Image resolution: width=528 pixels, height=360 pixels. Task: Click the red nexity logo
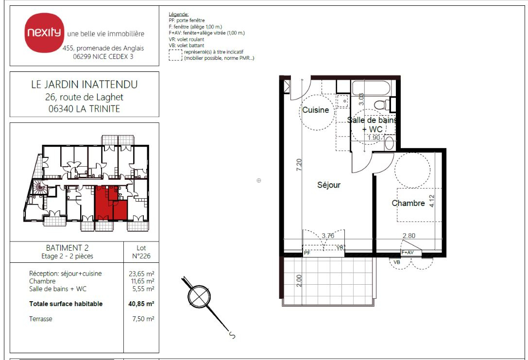click(44, 33)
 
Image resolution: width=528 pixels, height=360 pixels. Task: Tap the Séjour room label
click(329, 185)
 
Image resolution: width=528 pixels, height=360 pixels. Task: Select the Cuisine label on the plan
click(316, 110)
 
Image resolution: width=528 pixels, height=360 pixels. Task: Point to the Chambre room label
click(408, 203)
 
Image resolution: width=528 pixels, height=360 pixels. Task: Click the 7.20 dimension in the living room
click(299, 165)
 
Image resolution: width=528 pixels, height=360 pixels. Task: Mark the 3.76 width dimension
click(328, 236)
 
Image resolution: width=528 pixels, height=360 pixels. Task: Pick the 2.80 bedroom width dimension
click(409, 236)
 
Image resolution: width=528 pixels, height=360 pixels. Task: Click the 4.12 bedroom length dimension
click(432, 201)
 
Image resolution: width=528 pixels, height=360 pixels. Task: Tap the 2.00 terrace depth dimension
click(299, 280)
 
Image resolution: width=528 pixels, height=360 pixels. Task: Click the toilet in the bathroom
click(382, 104)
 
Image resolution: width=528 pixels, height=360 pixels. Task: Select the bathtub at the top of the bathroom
click(371, 88)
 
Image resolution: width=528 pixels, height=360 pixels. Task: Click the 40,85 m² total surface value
click(141, 304)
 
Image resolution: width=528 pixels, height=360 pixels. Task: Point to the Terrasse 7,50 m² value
click(143, 319)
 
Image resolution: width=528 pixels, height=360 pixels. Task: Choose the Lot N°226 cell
click(141, 252)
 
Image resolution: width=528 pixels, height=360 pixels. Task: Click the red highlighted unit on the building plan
click(111, 204)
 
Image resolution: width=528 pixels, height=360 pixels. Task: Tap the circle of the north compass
click(199, 297)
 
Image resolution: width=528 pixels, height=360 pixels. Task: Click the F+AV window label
click(408, 253)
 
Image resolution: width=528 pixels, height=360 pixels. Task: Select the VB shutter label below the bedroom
click(397, 262)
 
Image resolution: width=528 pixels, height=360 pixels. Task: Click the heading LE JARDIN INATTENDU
click(84, 84)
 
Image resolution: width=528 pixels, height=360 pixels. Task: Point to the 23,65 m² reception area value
click(141, 274)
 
